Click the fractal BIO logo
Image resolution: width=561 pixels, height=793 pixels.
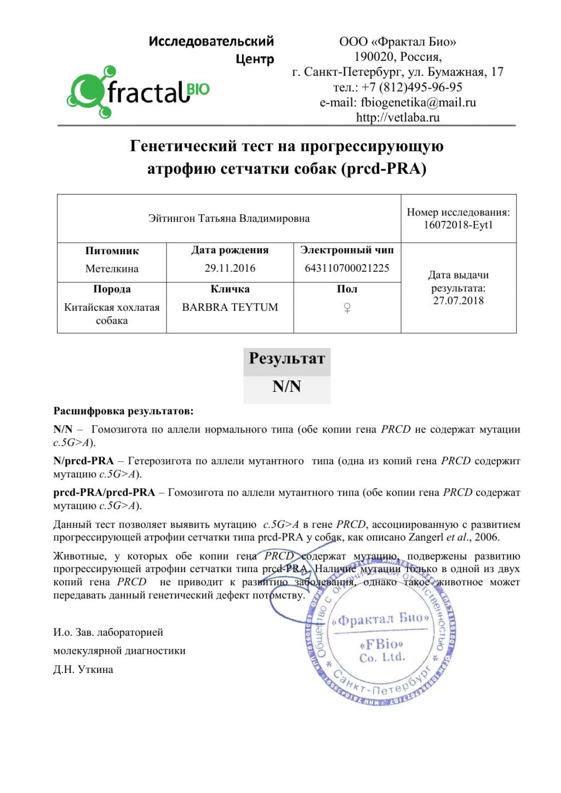(x=138, y=92)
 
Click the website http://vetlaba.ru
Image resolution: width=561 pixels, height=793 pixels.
(x=398, y=117)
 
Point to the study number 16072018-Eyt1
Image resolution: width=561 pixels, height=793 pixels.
(x=458, y=225)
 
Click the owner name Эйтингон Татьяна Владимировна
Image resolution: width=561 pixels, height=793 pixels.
(x=229, y=219)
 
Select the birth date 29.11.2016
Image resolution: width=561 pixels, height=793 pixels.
(x=230, y=268)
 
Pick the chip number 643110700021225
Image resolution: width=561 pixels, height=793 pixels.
(x=347, y=268)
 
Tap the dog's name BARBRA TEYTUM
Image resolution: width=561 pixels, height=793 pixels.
(x=230, y=307)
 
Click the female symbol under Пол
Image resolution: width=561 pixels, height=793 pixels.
(x=347, y=308)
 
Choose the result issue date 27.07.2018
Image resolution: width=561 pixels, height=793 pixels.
(x=458, y=300)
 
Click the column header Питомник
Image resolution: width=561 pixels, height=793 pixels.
(x=112, y=251)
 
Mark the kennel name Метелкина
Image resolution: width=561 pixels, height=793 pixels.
(x=112, y=269)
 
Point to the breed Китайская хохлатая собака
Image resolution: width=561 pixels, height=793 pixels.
(x=112, y=313)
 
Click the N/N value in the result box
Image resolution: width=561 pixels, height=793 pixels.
(x=287, y=387)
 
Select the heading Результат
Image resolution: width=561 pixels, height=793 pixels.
(x=287, y=359)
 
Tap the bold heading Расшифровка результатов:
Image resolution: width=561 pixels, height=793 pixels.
(x=123, y=411)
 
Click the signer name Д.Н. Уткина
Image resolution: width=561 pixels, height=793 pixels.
(x=83, y=670)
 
